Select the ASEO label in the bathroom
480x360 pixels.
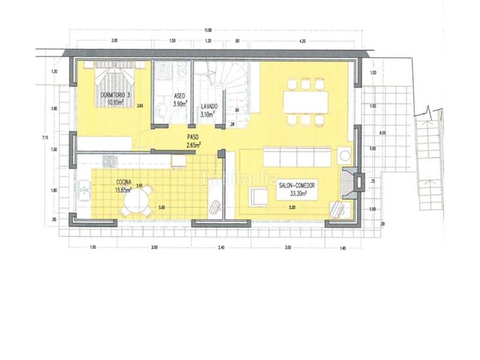(179, 96)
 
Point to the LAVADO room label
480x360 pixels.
(209, 106)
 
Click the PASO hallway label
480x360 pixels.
(193, 137)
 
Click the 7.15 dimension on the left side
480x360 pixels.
(44, 138)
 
